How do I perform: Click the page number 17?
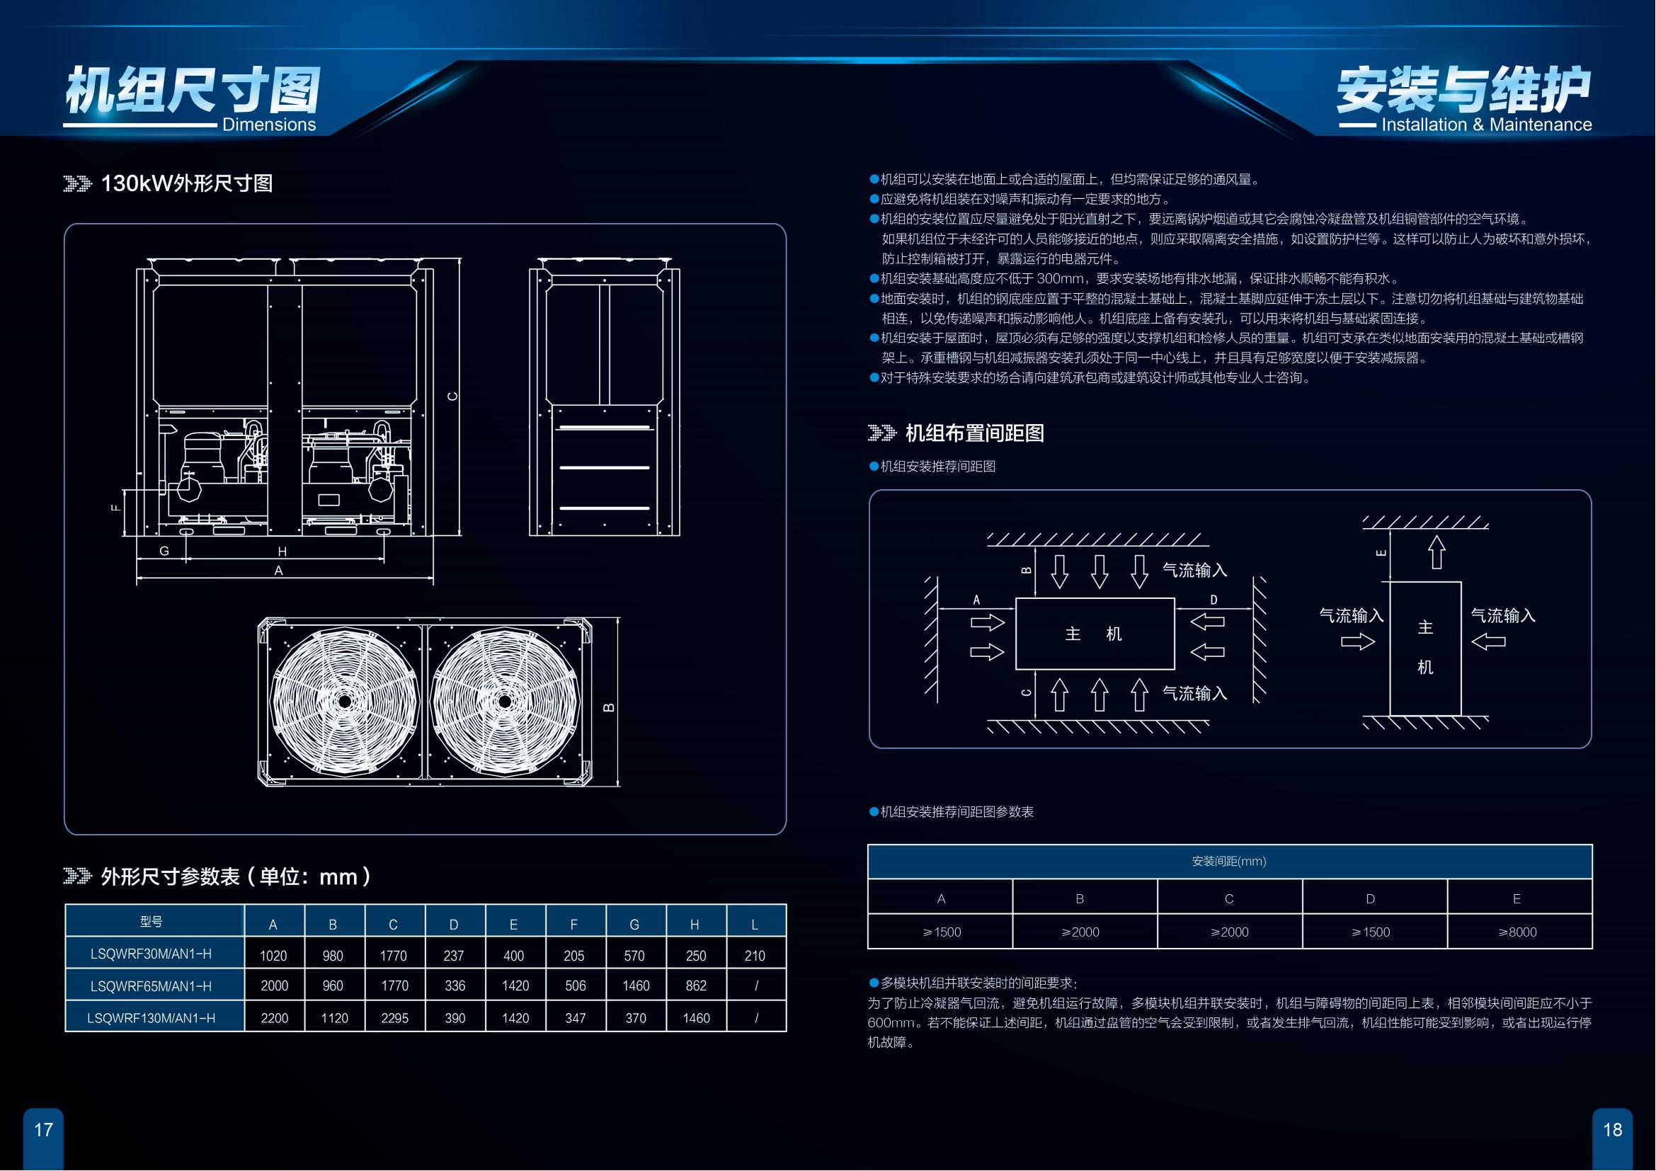click(43, 1129)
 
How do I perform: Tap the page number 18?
click(1612, 1129)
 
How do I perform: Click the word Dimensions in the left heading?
click(268, 125)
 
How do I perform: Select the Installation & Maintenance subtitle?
click(1486, 125)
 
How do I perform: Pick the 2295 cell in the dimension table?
click(394, 1018)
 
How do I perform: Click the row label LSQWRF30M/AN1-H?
click(152, 954)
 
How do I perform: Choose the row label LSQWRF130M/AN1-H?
click(152, 1018)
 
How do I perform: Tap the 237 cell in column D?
click(454, 955)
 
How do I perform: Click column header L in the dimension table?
click(755, 925)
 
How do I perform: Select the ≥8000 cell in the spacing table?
click(1517, 932)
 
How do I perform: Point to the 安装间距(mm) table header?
click(1229, 861)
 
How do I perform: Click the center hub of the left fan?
click(345, 702)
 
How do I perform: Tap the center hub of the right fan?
click(505, 702)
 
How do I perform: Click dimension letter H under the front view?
click(282, 552)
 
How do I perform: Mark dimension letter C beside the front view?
click(452, 396)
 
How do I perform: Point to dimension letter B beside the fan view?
click(609, 707)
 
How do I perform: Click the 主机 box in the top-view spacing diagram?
click(1094, 634)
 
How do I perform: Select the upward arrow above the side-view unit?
click(1437, 552)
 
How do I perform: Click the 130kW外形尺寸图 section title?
click(186, 184)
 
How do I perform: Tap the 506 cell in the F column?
click(575, 986)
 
